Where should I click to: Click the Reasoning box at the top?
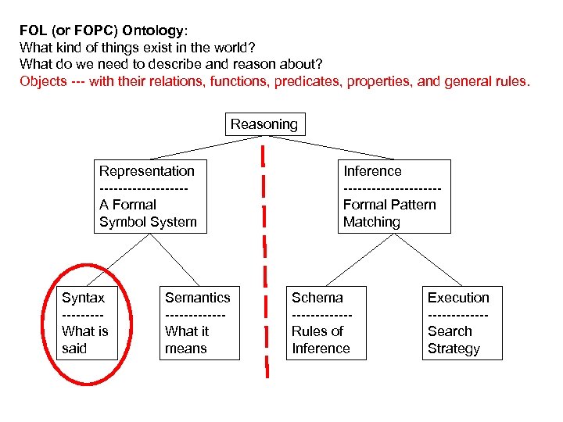(264, 124)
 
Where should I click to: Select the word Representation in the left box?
(147, 171)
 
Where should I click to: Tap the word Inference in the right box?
(372, 171)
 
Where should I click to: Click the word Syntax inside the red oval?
(83, 298)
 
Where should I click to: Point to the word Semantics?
(198, 298)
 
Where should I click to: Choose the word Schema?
(317, 298)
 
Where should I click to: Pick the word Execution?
(458, 298)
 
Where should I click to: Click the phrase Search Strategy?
(454, 340)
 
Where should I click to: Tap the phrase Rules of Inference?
(321, 340)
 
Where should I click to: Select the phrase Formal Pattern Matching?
(389, 213)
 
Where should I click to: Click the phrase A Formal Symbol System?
(148, 213)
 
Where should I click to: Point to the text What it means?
(187, 340)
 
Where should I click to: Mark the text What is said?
(84, 340)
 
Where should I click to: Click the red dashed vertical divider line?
(266, 258)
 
